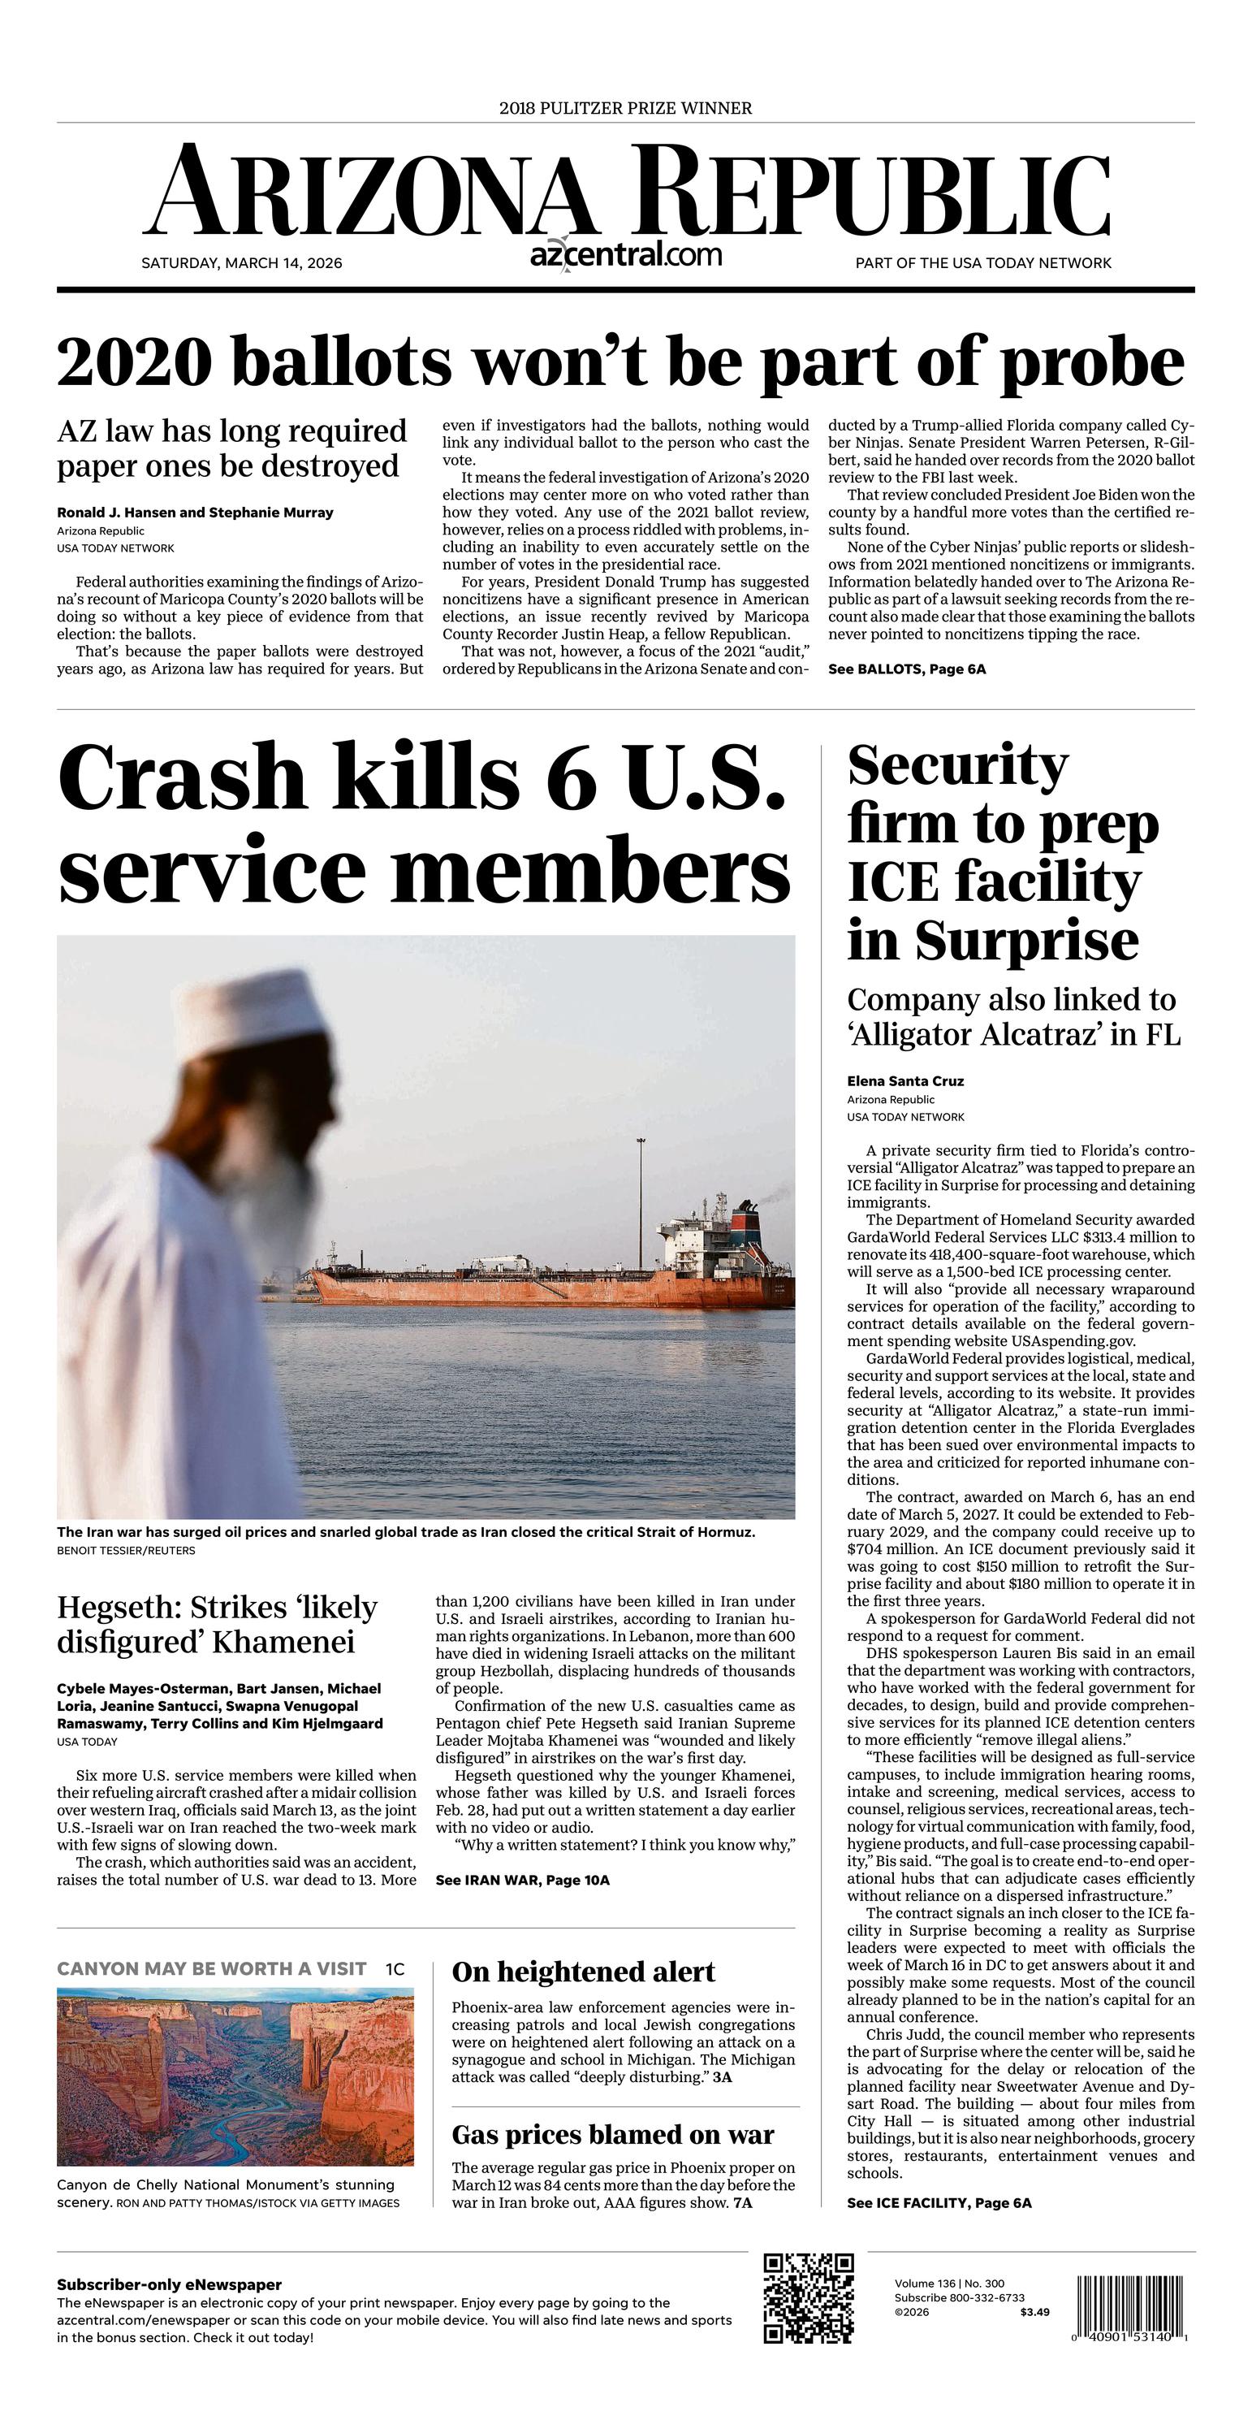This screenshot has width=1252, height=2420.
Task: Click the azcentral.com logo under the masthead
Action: [625, 254]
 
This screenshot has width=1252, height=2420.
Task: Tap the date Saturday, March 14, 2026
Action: [241, 263]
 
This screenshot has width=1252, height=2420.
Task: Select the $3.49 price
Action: [1034, 2312]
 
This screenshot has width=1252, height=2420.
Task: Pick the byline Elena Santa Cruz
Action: [904, 1080]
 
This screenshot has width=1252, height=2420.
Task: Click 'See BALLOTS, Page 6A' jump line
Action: [906, 669]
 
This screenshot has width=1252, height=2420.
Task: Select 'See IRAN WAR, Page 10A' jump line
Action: [522, 1880]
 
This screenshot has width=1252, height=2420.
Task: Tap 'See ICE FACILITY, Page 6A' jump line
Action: [939, 2203]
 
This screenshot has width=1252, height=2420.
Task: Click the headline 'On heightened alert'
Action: [582, 1972]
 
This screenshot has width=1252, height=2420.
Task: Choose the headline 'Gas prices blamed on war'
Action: [612, 2136]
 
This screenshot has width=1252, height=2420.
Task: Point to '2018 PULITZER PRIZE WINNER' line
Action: [625, 108]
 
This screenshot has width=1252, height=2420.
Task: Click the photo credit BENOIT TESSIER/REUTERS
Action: [126, 1551]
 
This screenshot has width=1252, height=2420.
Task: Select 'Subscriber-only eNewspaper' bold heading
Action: [169, 2284]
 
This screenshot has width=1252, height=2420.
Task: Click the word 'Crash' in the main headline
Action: [182, 778]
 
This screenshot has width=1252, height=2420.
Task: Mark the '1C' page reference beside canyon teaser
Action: [395, 1969]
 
